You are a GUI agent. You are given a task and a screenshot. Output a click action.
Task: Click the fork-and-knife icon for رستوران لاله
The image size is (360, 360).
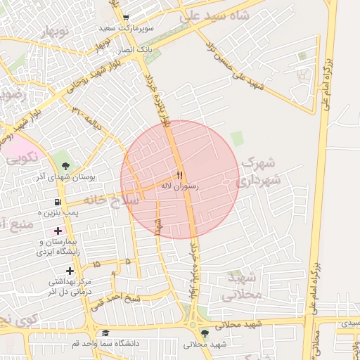click(x=179, y=174)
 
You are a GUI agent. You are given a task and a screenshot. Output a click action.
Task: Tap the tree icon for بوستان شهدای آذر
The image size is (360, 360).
click(x=65, y=166)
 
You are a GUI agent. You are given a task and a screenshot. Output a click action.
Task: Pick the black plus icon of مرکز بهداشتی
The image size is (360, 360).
click(x=69, y=271)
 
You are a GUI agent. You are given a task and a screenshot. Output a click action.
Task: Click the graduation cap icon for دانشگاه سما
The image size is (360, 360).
click(x=105, y=333)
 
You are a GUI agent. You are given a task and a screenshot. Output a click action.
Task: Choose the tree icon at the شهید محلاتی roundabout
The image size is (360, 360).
click(x=204, y=333)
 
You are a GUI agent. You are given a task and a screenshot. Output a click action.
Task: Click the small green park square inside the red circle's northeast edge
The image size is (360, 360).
click(x=237, y=139)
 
